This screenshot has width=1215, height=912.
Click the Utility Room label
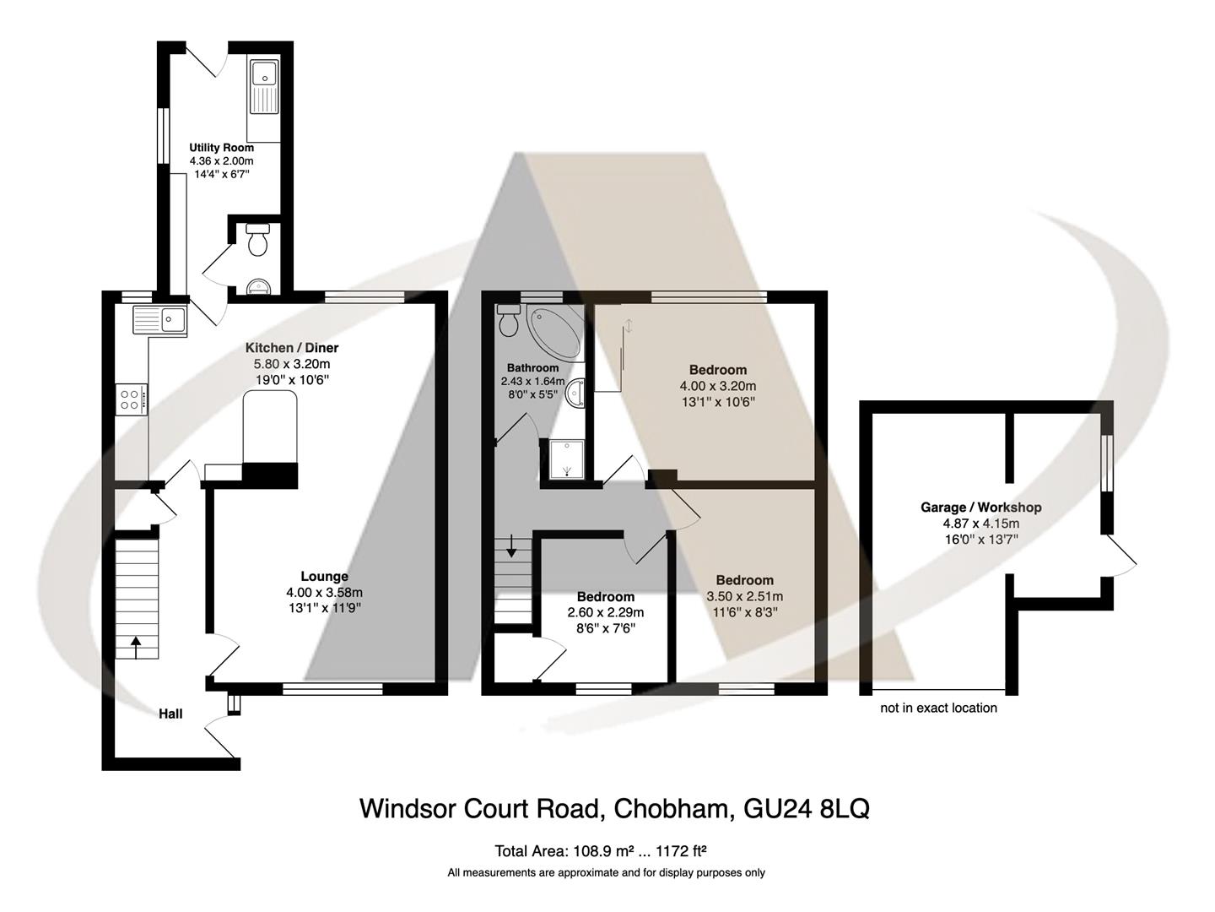pos(221,148)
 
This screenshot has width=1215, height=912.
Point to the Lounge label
pos(324,577)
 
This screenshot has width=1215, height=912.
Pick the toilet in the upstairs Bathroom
pos(509,322)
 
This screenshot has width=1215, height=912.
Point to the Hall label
pos(170,714)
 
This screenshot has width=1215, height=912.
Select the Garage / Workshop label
pos(980,508)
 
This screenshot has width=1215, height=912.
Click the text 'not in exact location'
pos(938,708)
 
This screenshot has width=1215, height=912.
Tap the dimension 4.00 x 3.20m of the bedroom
pos(717,386)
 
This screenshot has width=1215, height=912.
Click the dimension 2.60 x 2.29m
pos(605,613)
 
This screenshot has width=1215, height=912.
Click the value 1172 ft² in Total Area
pos(684,850)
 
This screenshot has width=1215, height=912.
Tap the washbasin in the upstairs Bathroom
pos(575,394)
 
